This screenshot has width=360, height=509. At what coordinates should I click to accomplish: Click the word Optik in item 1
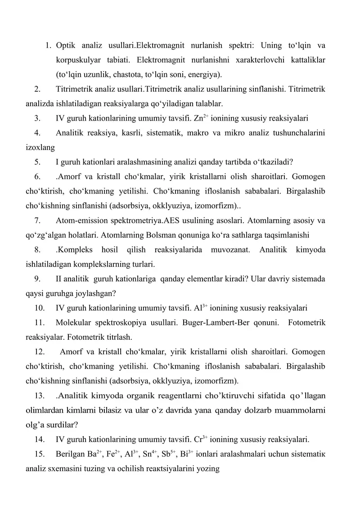tap(66, 45)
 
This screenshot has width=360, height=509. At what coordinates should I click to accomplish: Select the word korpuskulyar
tap(78, 60)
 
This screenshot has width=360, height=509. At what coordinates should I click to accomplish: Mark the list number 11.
tap(38, 323)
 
